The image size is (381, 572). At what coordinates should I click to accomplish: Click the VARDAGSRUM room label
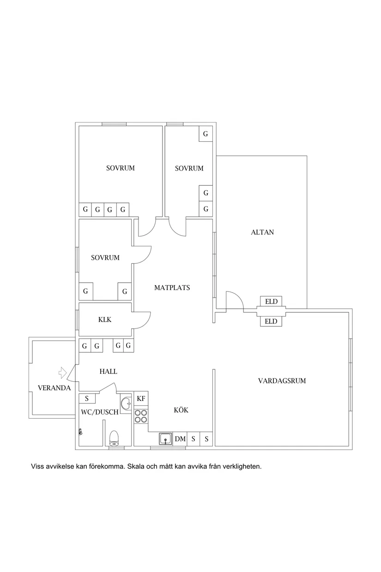282,381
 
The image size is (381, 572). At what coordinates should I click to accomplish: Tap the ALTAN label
262,232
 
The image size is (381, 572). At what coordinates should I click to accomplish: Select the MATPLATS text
172,287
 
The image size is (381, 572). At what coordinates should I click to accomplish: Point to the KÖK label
181,410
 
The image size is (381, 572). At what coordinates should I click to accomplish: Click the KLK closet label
105,319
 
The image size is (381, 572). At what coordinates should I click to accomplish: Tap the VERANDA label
54,388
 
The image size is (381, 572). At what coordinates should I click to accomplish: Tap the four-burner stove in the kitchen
141,416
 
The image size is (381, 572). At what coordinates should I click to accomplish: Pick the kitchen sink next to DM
165,438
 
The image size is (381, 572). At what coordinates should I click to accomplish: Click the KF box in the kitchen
141,399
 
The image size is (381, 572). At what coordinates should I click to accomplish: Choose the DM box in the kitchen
180,439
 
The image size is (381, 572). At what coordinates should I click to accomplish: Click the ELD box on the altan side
271,302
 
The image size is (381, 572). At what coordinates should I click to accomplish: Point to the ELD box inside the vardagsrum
271,321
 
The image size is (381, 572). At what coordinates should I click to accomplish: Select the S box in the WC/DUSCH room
86,398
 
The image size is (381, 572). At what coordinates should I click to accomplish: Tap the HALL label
109,371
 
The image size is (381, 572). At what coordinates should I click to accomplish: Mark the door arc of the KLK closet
142,320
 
